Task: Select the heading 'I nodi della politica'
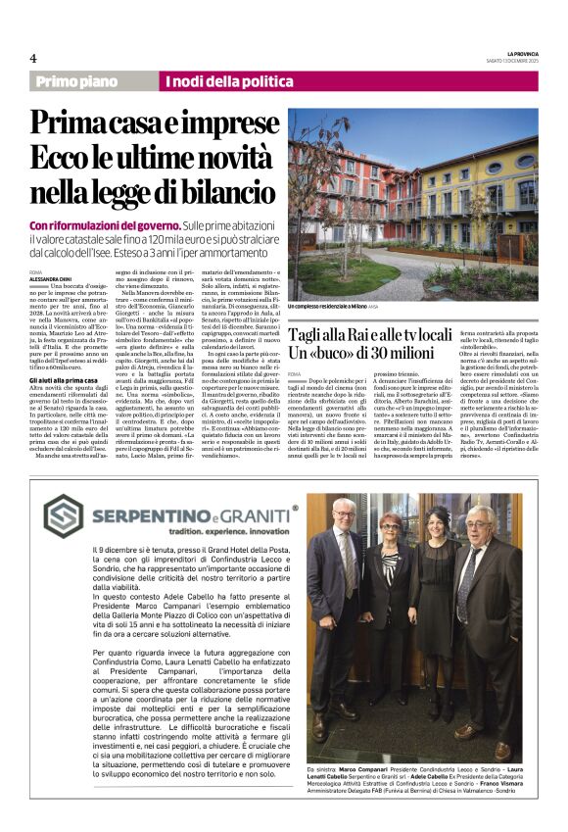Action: tap(220, 81)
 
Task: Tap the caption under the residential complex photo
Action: tap(343, 306)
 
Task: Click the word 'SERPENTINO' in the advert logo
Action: tap(150, 512)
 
